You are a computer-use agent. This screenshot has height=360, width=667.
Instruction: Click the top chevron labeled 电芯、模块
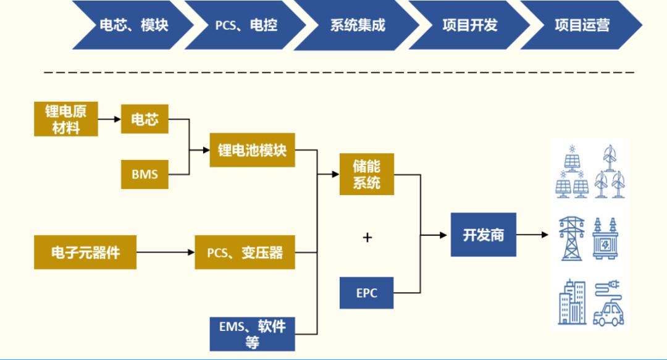point(133,25)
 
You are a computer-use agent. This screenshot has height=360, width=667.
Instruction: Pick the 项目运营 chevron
point(581,25)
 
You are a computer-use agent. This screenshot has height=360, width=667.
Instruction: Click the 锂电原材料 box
point(65,119)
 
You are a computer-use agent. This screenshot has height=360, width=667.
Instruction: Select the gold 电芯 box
point(145,120)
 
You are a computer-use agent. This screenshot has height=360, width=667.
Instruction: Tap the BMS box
point(145,174)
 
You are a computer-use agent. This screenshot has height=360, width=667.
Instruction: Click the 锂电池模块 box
point(252,150)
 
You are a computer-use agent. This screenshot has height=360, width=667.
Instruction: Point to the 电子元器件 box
point(85,252)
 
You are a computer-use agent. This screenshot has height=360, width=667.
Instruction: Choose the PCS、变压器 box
point(245,252)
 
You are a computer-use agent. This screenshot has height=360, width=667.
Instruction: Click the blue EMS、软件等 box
point(252,333)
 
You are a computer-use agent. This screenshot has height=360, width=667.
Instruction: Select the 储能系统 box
point(367,174)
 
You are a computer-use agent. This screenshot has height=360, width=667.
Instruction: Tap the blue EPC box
point(366,293)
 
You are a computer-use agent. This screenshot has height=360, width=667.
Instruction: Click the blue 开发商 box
point(483,235)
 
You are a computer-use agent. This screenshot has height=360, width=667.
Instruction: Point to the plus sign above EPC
point(367,237)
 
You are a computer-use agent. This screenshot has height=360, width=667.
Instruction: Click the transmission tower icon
point(571,238)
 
